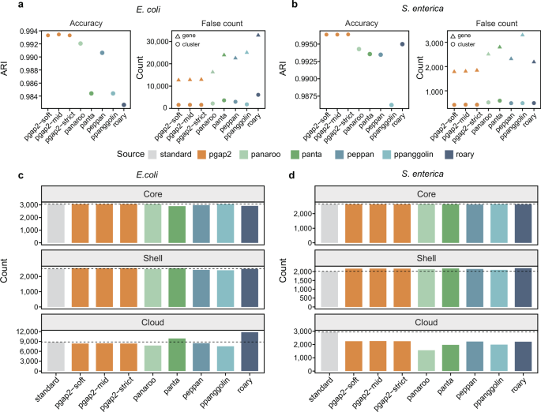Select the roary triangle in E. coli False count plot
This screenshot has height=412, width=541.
pyautogui.click(x=257, y=35)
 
